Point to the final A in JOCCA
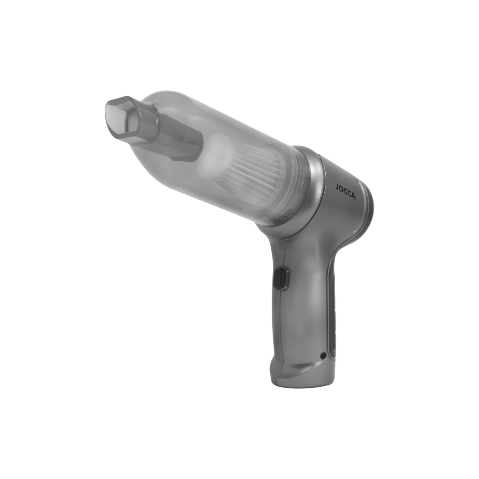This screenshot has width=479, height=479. [354, 197]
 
